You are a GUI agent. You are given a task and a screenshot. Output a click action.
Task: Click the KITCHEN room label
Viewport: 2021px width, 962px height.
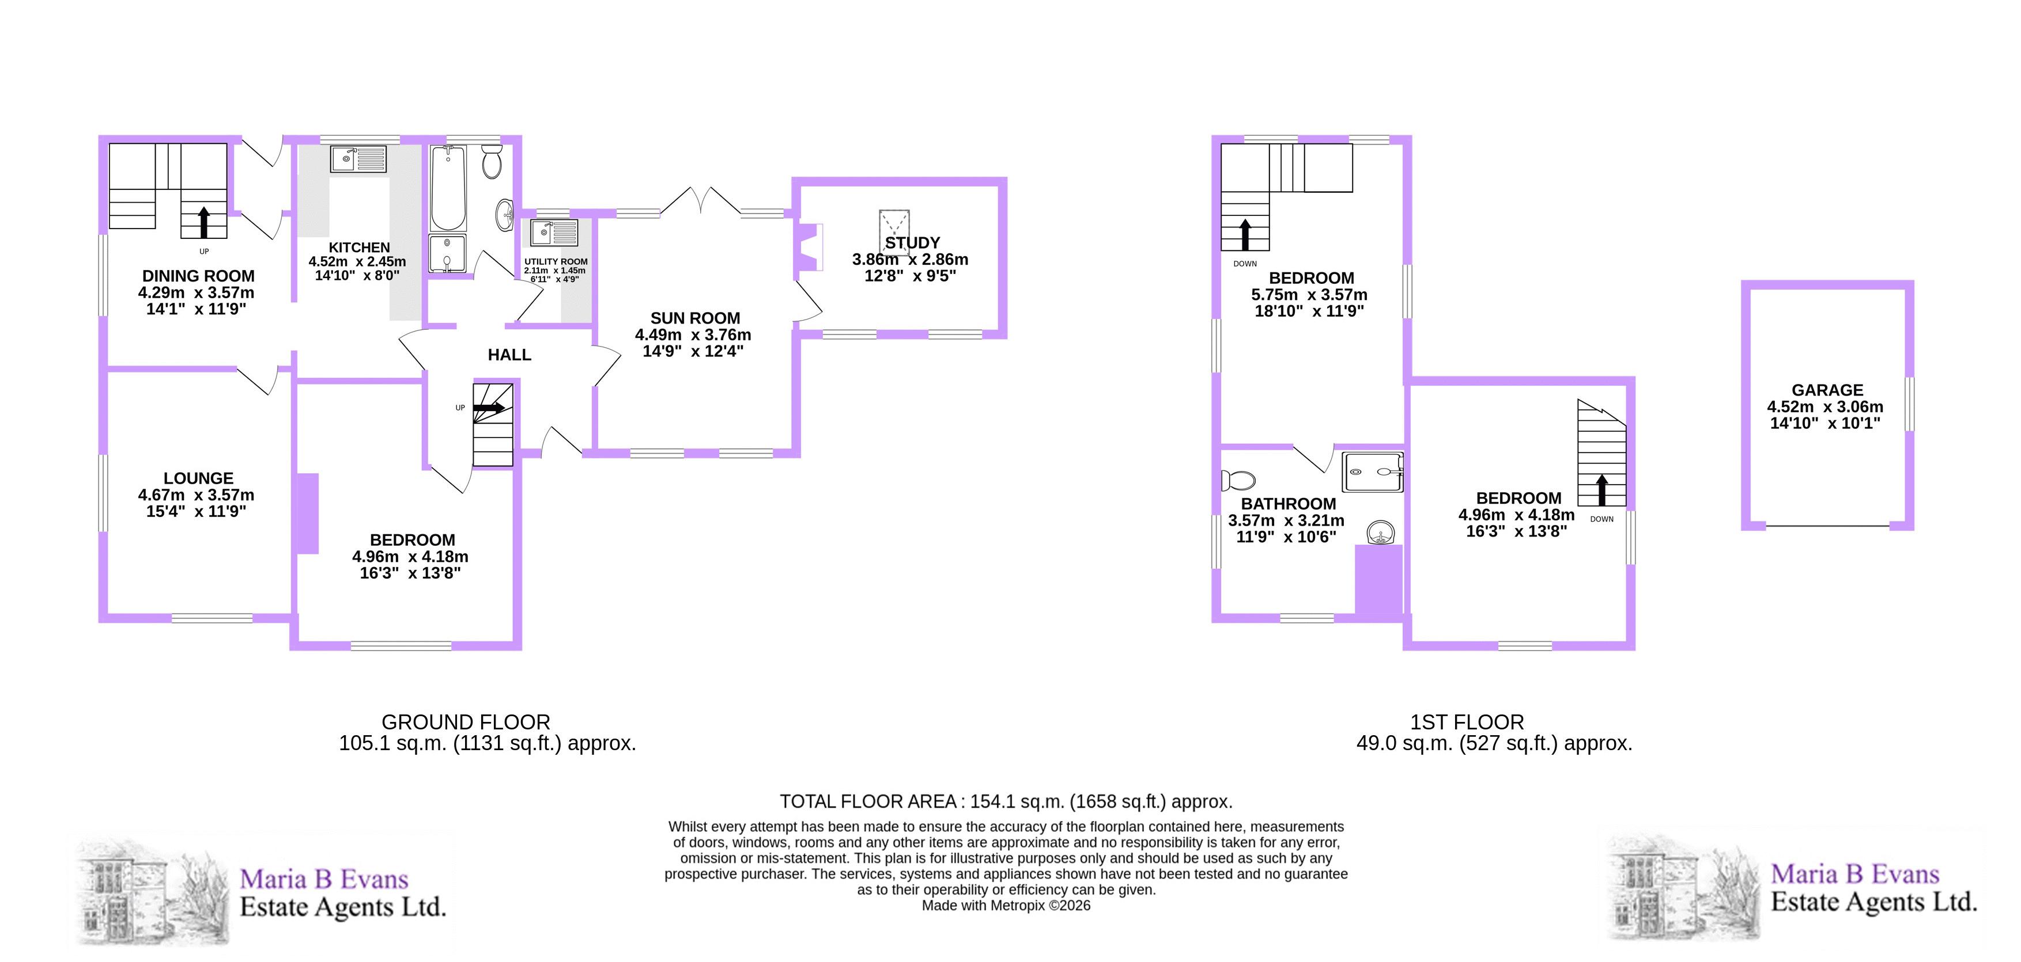point(360,248)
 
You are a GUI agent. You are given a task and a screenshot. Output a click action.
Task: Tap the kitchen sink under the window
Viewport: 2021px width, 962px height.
point(358,159)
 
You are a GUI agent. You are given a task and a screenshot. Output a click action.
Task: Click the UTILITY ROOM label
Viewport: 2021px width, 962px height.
point(556,262)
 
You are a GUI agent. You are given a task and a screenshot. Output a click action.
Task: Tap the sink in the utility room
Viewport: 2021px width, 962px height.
point(554,232)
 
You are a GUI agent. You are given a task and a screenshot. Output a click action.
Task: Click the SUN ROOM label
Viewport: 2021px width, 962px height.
point(695,318)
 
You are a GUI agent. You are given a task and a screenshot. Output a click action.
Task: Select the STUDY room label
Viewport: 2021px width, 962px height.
point(912,243)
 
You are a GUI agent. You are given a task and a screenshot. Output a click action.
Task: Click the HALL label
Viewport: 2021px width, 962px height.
point(510,355)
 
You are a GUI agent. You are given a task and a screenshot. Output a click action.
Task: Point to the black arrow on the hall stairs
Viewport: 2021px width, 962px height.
point(490,408)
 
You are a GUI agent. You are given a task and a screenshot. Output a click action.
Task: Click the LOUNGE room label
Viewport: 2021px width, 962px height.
point(198,478)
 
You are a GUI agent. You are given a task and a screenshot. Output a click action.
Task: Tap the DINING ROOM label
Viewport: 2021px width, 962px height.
point(198,276)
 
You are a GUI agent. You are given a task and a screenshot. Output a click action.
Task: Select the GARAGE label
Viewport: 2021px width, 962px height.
point(1827,390)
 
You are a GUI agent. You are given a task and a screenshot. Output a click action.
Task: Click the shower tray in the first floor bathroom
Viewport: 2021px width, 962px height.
point(1372,472)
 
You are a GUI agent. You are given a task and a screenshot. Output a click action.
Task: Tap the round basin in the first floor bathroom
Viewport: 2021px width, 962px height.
point(1380,533)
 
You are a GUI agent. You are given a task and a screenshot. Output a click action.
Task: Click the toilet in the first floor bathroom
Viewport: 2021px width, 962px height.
point(1238,480)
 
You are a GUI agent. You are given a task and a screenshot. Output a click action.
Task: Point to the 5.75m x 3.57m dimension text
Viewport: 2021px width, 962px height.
point(1309,295)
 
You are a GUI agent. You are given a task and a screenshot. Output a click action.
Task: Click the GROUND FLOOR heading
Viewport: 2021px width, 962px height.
point(466,722)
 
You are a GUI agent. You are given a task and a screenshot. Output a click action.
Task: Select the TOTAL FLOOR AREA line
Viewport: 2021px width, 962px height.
point(1006,801)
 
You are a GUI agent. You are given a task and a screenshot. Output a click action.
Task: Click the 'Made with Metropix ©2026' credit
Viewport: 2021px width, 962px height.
point(1006,906)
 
